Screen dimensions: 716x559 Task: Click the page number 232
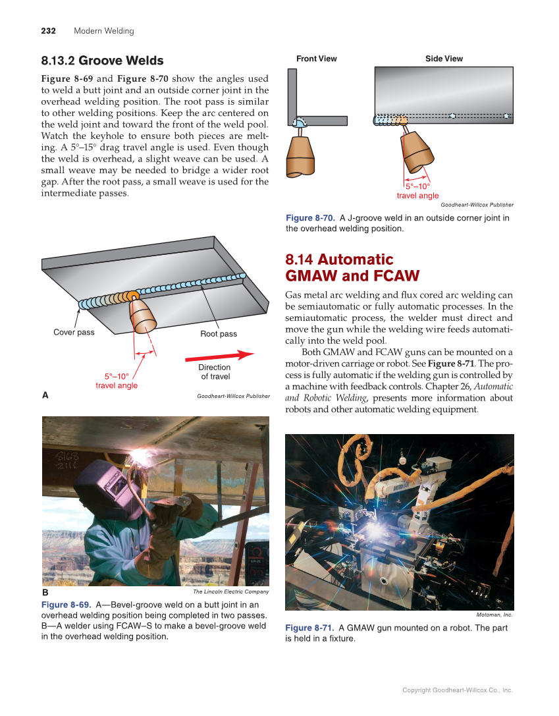click(48, 31)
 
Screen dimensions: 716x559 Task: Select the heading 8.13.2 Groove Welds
click(102, 61)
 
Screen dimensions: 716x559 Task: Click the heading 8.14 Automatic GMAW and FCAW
click(352, 267)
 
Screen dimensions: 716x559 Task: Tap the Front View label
click(316, 59)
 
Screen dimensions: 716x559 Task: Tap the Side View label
click(444, 59)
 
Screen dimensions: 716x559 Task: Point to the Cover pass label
click(74, 333)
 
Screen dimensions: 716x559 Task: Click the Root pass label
click(219, 334)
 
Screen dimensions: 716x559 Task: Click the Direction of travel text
click(215, 372)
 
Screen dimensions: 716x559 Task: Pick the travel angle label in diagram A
click(117, 381)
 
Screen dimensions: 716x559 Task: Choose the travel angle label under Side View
click(417, 191)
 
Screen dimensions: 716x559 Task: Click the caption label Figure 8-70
click(310, 218)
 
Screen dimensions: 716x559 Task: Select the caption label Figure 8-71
click(309, 628)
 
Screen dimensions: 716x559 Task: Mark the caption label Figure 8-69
click(66, 605)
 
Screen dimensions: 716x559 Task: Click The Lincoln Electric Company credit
click(230, 592)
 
